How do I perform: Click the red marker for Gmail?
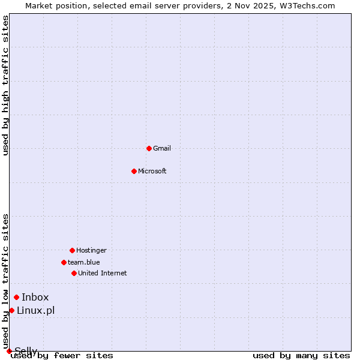point(149,148)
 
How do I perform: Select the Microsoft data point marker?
point(134,171)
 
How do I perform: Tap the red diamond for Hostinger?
point(72,250)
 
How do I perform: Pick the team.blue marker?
point(64,262)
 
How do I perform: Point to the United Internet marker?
point(74,273)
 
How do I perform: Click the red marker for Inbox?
point(16,297)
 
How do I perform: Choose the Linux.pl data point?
point(11,310)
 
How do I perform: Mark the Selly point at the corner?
point(9,351)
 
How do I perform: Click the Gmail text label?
point(162,148)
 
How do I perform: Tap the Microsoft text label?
point(152,171)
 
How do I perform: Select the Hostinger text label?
point(91,250)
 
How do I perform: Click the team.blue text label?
point(84,262)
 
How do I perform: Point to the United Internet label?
point(103,273)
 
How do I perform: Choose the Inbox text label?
point(35,297)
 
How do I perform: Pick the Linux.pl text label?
point(36,310)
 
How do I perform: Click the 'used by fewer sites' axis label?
point(62,356)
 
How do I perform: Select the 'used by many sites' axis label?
point(301,356)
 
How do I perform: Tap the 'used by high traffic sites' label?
point(5,86)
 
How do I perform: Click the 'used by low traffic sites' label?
point(5,281)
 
